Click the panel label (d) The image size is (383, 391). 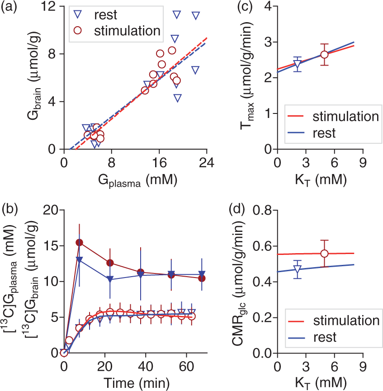[x=237, y=209]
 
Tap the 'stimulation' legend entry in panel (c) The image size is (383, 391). [x=333, y=117]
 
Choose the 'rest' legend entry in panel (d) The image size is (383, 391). [x=312, y=337]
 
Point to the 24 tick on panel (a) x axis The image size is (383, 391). [x=207, y=163]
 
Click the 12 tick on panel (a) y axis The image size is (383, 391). [x=48, y=6]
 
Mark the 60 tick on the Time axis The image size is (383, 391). [x=187, y=367]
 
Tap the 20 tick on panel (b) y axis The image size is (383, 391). [x=51, y=210]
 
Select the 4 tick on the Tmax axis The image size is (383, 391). [x=269, y=6]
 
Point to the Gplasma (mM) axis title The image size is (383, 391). [x=138, y=180]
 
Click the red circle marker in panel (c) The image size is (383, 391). [x=324, y=55]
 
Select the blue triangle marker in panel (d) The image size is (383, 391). [x=297, y=269]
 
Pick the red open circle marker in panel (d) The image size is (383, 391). [x=324, y=254]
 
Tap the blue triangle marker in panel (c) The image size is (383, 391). [x=297, y=64]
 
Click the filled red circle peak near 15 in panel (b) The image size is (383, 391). [x=79, y=242]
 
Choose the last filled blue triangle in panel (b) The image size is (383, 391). [x=202, y=273]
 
